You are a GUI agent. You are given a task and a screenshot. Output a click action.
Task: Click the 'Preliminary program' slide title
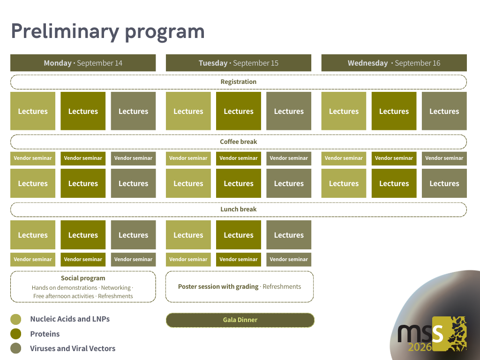[108, 31]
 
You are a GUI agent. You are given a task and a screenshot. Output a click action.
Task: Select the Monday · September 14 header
[83, 63]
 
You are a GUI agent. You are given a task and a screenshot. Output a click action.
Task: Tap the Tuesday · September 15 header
[238, 63]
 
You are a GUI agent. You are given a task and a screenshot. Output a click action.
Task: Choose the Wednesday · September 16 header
[394, 63]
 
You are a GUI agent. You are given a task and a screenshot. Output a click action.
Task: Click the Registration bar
[239, 82]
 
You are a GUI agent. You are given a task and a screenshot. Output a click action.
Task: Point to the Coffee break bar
[239, 142]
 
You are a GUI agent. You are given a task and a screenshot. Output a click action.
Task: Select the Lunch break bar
[239, 209]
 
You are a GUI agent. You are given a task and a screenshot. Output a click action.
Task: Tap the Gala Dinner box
[240, 320]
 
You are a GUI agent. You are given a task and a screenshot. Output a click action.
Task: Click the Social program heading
[83, 278]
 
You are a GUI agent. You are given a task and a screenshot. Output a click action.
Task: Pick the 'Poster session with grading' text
[218, 286]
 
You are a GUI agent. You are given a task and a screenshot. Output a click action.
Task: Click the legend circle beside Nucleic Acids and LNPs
[16, 319]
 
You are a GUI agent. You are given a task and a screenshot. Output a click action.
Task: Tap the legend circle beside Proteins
[16, 334]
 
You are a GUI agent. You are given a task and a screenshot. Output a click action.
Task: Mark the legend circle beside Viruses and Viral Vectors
[16, 348]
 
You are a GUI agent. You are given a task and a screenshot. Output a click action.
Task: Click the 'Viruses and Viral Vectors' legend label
[73, 348]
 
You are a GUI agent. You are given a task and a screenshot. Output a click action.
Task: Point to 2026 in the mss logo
[420, 347]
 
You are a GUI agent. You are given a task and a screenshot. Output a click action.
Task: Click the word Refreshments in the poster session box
[282, 286]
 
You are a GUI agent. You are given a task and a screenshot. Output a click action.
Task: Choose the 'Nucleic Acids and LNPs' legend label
[70, 319]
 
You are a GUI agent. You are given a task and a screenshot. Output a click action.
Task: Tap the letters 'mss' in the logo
[420, 332]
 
